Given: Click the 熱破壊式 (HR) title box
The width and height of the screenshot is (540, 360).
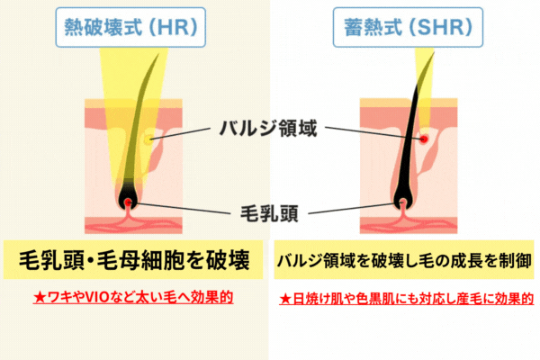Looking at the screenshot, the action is [x=130, y=27].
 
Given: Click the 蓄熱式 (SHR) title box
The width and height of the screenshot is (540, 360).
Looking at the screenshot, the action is [x=408, y=27].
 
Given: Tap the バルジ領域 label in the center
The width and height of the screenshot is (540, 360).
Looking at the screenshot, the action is [x=268, y=128].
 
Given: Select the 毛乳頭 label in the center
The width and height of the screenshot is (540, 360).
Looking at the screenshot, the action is [x=269, y=213].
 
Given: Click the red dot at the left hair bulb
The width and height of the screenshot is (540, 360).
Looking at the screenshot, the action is [x=128, y=202].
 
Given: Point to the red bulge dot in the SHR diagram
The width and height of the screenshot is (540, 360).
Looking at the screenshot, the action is [x=424, y=139].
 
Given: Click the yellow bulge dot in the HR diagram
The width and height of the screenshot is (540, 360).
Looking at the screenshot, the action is [x=148, y=139].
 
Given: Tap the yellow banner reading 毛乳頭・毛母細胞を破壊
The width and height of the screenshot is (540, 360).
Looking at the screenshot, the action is [x=133, y=260].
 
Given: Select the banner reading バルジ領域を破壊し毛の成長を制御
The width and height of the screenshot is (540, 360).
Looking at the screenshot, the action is [x=404, y=260].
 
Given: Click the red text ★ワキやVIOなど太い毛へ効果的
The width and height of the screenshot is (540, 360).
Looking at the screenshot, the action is [x=133, y=297].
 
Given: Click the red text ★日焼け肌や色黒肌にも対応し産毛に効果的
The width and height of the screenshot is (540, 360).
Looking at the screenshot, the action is [x=407, y=299].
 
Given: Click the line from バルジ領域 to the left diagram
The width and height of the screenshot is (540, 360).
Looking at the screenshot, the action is [x=181, y=134].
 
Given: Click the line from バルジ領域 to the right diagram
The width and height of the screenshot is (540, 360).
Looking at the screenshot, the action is [x=374, y=133].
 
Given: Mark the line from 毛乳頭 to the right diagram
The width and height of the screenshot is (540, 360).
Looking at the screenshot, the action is [x=355, y=209].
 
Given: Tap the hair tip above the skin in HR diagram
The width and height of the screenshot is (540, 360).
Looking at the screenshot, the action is [x=158, y=54].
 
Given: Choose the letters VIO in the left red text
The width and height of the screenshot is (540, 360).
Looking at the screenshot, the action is [x=97, y=297].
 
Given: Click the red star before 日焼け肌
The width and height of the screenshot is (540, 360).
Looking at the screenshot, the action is [x=285, y=299].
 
